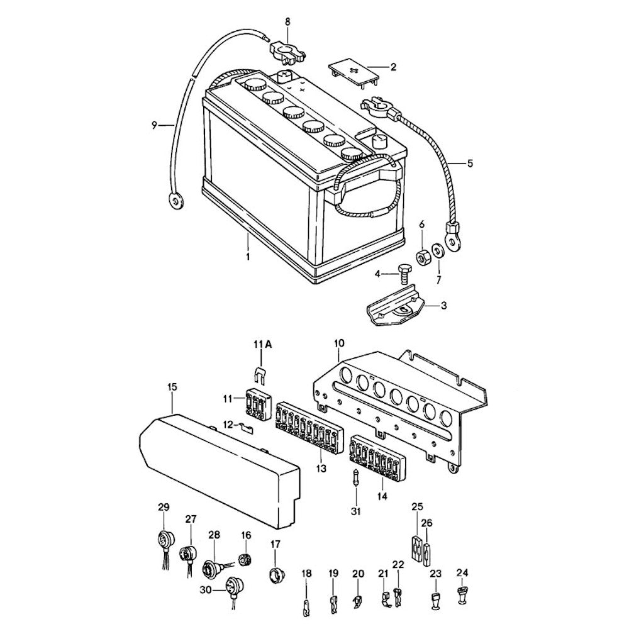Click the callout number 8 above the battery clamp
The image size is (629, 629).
click(x=288, y=21)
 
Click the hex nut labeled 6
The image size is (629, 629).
click(x=423, y=253)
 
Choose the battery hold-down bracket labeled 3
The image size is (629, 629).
click(x=394, y=309)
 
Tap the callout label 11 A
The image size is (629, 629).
click(x=263, y=343)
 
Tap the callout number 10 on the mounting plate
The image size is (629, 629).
click(x=339, y=343)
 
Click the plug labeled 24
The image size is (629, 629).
click(x=463, y=595)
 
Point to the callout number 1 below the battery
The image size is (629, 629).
click(x=248, y=257)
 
